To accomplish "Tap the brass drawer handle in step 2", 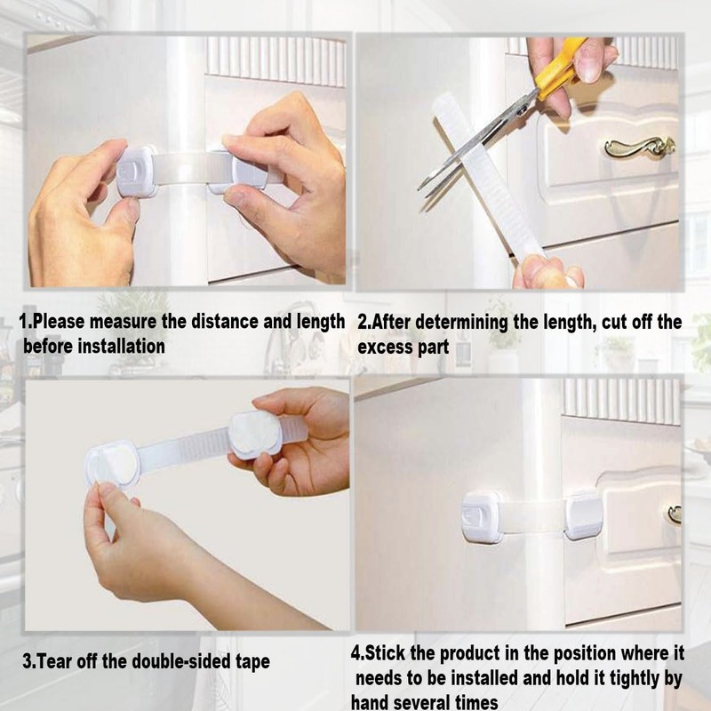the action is pyautogui.click(x=640, y=148).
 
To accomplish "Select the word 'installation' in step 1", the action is pyautogui.click(x=121, y=347).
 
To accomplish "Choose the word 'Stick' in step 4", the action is pyautogui.click(x=386, y=653).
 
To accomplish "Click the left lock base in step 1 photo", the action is pyautogui.click(x=135, y=172).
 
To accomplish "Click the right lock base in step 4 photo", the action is pyautogui.click(x=584, y=516).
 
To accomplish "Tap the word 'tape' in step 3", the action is pyautogui.click(x=252, y=662).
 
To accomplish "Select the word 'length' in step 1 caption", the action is pyautogui.click(x=321, y=322).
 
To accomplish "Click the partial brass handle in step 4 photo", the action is pyautogui.click(x=675, y=515).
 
